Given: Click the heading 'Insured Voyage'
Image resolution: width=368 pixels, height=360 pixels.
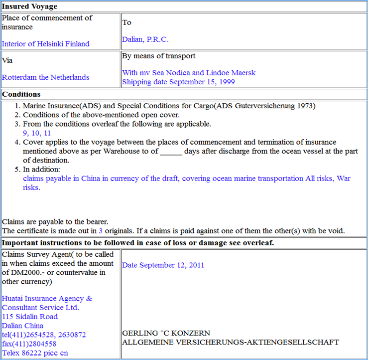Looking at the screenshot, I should click(x=29, y=6).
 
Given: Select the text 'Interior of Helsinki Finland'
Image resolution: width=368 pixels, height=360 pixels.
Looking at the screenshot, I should click(x=46, y=44).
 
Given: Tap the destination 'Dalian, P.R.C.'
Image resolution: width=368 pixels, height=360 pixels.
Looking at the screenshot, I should click(x=145, y=39).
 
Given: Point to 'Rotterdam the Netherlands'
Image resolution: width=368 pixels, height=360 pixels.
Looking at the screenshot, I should click(x=46, y=77).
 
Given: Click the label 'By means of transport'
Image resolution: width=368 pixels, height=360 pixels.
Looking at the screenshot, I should click(x=158, y=56).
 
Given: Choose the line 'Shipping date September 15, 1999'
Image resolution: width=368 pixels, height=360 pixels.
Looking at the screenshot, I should click(x=178, y=82).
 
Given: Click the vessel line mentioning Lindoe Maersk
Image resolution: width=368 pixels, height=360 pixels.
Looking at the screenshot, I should click(x=189, y=73).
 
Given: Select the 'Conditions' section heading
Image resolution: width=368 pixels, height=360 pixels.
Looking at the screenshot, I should click(x=21, y=94).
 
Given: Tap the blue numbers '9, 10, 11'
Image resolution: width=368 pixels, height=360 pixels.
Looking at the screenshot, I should click(x=37, y=133).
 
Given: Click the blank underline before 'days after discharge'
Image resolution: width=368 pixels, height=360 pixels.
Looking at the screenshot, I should click(x=171, y=152).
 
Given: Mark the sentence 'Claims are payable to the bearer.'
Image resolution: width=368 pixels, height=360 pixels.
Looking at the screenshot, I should click(x=55, y=222).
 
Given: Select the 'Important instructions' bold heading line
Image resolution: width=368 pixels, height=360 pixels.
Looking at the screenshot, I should click(x=138, y=243).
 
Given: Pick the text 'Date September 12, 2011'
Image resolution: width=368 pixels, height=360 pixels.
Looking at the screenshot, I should click(x=163, y=265).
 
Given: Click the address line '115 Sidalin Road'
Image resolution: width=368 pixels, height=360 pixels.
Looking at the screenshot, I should click(x=30, y=317).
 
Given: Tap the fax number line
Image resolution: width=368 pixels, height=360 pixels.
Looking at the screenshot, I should click(x=29, y=344).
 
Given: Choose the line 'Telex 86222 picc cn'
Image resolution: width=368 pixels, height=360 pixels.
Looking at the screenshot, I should click(x=35, y=353).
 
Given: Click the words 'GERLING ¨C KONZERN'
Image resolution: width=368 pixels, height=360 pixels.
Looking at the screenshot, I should click(x=166, y=333).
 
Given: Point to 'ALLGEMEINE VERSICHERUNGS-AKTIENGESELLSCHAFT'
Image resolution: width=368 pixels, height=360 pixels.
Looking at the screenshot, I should click(x=231, y=342).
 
